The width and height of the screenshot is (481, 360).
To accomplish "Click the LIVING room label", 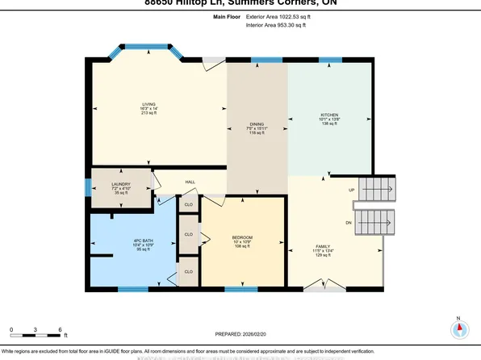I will point(148,105).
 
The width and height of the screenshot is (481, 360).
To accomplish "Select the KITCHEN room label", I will point(329,115).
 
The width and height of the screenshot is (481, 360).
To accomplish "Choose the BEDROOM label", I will point(242,238).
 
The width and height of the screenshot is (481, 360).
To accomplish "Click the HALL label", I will point(190,182).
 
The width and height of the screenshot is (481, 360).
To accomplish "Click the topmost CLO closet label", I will point(187,205).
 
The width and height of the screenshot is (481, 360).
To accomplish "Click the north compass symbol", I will point(458,329).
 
